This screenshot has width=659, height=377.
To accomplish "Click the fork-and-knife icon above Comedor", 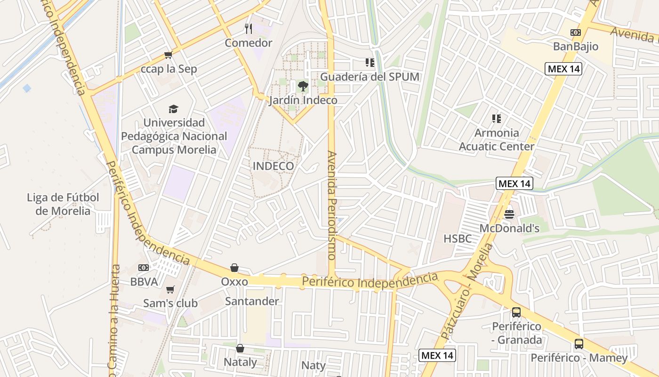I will click(x=249, y=29).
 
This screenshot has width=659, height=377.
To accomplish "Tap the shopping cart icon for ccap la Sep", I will click(x=168, y=55).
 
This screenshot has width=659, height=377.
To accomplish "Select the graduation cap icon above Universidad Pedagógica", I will click(x=174, y=109).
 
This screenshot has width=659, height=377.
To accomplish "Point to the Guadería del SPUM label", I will click(x=370, y=76).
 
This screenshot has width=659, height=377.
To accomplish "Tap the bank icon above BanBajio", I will click(x=575, y=33).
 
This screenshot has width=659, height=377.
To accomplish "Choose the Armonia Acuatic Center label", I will click(x=497, y=139).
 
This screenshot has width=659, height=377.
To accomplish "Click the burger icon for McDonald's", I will click(x=509, y=214).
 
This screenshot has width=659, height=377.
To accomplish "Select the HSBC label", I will click(x=458, y=238).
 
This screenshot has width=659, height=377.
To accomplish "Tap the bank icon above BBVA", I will click(x=144, y=268).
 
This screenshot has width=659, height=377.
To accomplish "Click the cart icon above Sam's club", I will click(x=170, y=289).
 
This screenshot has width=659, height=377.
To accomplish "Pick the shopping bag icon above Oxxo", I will click(x=234, y=268).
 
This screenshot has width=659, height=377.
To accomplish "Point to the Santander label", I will click(x=252, y=301).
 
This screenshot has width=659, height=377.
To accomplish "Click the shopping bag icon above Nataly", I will click(x=240, y=348).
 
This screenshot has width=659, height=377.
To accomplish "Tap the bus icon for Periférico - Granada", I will click(x=516, y=312).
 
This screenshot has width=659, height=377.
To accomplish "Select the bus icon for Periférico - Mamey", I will click(x=579, y=344).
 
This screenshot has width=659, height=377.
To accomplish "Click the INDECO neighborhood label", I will click(x=273, y=166).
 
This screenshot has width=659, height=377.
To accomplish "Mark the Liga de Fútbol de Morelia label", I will click(x=63, y=204).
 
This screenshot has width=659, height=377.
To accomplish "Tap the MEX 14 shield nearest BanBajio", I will click(x=564, y=69).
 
